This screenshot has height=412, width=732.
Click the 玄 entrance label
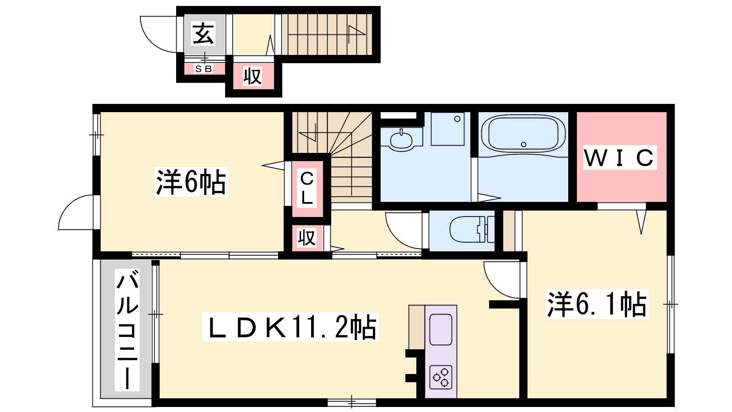click(x=203, y=33)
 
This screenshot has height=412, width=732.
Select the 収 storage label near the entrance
click(x=252, y=76)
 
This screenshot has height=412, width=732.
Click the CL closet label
click(x=307, y=188)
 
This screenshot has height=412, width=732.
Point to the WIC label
click(x=620, y=157)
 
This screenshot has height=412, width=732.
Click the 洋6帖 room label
click(x=191, y=182)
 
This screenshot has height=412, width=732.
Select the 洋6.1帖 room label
click(x=597, y=304)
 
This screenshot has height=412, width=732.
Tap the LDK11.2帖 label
click(x=291, y=327)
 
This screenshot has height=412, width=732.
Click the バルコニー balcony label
click(x=127, y=330)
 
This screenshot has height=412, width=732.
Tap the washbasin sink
click(x=401, y=141)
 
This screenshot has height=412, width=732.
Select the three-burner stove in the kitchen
click(x=441, y=377)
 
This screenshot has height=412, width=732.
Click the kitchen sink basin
click(x=441, y=330)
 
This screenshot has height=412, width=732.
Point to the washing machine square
click(x=447, y=129)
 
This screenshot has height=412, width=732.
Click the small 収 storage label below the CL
click(x=307, y=238)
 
